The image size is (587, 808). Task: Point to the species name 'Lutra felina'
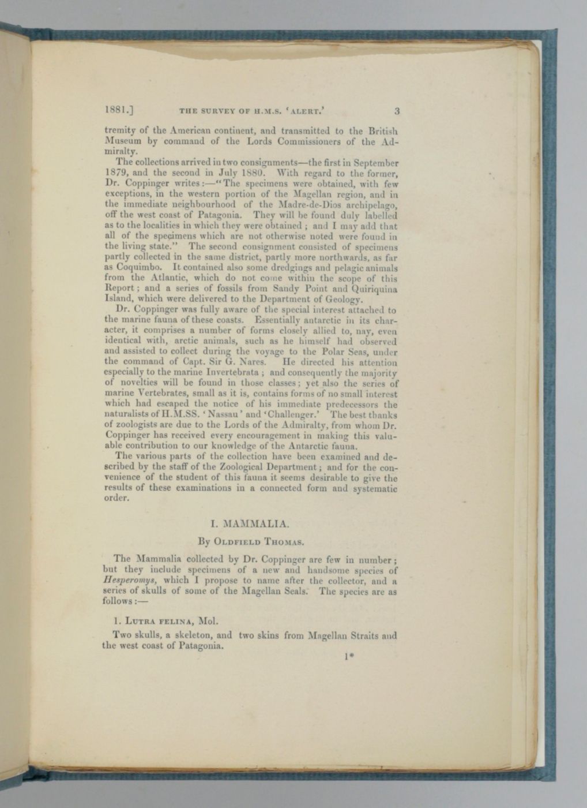[154, 623]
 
